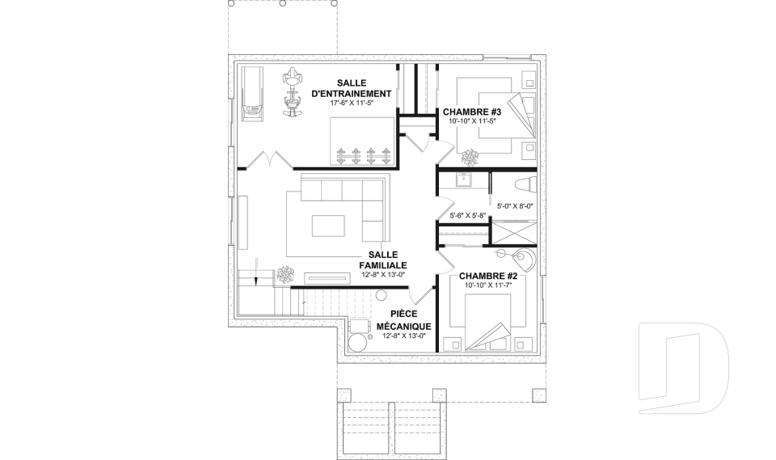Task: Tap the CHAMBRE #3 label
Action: tap(472, 112)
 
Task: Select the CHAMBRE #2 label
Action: tap(488, 276)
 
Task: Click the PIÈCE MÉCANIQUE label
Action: tap(404, 320)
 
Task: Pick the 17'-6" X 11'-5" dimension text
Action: tap(352, 103)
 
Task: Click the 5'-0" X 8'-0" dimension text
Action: tap(515, 206)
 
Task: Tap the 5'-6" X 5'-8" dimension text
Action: tap(468, 215)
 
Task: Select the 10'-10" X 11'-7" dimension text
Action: tap(487, 285)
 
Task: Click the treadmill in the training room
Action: tap(252, 93)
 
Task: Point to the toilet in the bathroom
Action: tap(525, 184)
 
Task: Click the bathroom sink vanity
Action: tap(463, 180)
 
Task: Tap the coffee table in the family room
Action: tap(328, 226)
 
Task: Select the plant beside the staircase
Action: tap(285, 275)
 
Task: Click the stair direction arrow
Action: tap(256, 272)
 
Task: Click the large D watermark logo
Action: tap(684, 368)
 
